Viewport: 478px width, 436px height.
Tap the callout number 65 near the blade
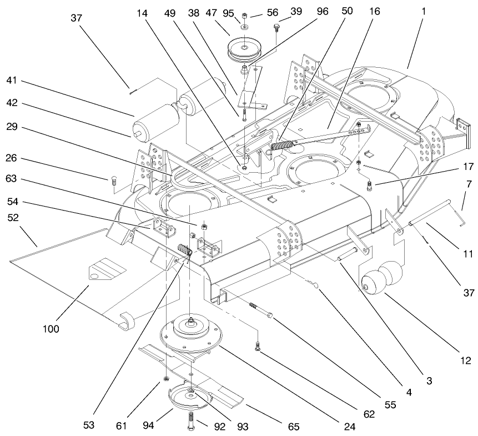click(293, 427)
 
